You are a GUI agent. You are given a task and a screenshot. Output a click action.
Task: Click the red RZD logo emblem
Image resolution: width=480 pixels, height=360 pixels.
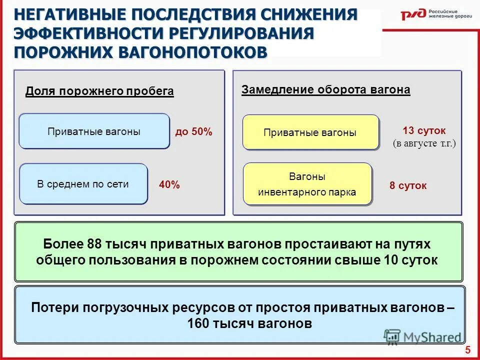[413, 14]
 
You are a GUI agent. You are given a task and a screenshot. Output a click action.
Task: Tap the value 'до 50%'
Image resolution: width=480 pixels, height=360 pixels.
[193, 132]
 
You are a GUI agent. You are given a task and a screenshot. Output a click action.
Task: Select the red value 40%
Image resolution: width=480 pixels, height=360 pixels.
[169, 185]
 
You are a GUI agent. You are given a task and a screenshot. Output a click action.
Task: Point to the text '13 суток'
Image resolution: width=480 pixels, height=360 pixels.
[423, 130]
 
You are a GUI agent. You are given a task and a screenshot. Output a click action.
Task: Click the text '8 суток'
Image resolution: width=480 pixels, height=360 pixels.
[408, 186]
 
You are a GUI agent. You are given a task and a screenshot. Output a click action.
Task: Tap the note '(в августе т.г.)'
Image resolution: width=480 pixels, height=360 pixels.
[424, 143]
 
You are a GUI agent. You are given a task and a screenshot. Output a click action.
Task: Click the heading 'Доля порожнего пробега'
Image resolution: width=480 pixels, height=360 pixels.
[99, 91]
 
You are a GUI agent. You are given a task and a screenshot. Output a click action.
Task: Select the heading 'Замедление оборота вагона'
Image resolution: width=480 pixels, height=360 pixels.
[325, 90]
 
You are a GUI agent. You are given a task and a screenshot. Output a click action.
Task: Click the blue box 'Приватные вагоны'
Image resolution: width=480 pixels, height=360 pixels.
[94, 131]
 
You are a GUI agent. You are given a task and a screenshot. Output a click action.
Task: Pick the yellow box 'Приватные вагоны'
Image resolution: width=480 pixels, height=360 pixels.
[310, 133]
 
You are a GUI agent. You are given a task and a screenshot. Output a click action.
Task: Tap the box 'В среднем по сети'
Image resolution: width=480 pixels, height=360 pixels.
[83, 184]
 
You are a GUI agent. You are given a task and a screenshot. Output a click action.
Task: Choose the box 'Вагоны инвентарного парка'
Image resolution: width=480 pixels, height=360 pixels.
[307, 184]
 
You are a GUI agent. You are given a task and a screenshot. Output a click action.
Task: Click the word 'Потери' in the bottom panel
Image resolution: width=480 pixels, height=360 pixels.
[49, 307]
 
